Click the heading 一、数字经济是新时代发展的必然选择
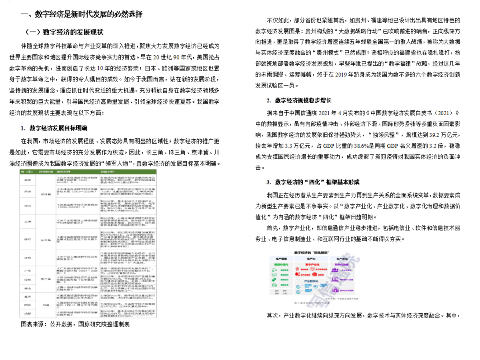pyautogui.click(x=82, y=14)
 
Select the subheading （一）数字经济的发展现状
pyautogui.click(x=64, y=32)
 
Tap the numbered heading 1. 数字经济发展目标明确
pyautogui.click(x=54, y=128)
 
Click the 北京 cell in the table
pyautogui.click(x=28, y=180)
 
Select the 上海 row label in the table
pyautogui.click(x=28, y=220)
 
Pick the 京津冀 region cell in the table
pyautogui.click(x=45, y=193)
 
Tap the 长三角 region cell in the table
pyautogui.click(x=44, y=240)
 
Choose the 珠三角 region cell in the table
pyautogui.click(x=44, y=278)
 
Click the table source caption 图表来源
pyautogui.click(x=75, y=324)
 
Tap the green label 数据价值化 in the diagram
pyautogui.click(x=281, y=265)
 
